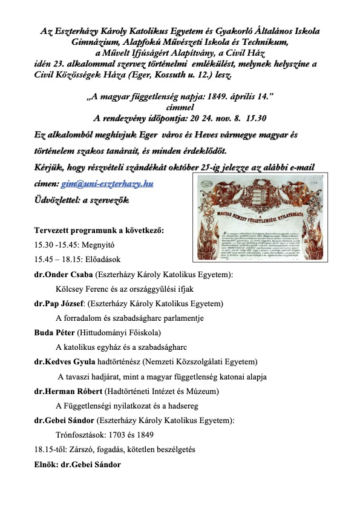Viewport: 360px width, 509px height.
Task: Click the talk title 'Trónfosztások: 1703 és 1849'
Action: coord(105,435)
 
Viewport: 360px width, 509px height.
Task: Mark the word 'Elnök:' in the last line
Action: coord(47,465)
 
